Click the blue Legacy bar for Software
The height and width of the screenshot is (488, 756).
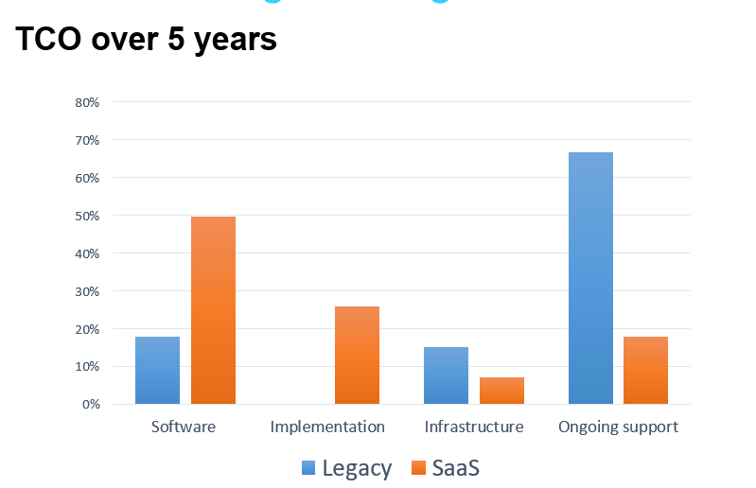tap(157, 371)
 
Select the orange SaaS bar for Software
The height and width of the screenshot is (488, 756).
tap(213, 310)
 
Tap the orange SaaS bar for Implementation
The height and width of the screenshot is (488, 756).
tap(357, 356)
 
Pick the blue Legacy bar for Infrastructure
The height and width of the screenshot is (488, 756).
tap(446, 375)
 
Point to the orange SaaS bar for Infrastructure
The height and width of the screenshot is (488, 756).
tap(501, 391)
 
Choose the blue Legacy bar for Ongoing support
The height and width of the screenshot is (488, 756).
tap(590, 278)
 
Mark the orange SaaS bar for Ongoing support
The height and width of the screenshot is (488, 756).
tap(646, 371)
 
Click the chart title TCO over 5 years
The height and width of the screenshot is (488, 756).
tap(147, 41)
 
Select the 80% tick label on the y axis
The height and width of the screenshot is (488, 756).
tap(87, 102)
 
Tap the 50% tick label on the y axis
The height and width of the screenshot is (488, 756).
tap(87, 216)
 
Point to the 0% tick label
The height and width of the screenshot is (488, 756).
tap(91, 405)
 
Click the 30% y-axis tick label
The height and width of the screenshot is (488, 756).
tap(87, 291)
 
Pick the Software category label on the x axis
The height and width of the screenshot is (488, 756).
tap(184, 427)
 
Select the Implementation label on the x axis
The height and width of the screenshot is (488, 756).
tap(327, 427)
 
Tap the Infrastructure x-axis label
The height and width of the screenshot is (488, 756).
tap(474, 427)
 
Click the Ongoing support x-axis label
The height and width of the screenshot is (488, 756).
tap(618, 427)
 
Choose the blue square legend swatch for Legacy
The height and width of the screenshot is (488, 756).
tap(309, 467)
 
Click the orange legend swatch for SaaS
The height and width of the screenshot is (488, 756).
tap(419, 467)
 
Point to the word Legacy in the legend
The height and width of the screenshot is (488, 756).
tap(356, 467)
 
